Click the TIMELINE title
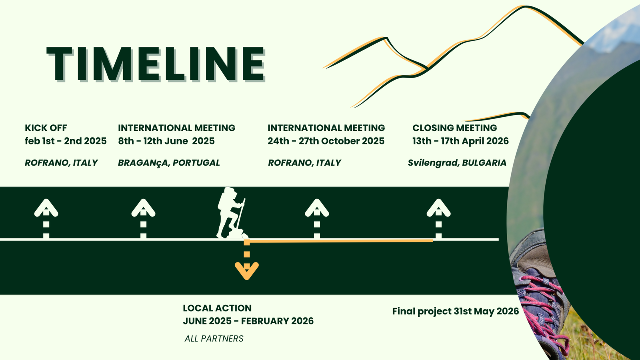(x=156, y=64)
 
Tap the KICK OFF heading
(x=46, y=128)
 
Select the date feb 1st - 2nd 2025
(x=66, y=141)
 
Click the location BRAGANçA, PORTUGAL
(x=169, y=163)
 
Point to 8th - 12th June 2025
(x=166, y=141)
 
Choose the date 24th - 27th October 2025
(x=326, y=141)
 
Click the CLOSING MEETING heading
(x=454, y=128)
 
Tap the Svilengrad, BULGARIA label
(x=457, y=163)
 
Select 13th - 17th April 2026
(x=460, y=141)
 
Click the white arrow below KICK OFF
(x=46, y=218)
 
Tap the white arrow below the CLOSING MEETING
(x=438, y=218)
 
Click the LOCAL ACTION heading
(x=217, y=308)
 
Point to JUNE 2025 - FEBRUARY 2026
(x=248, y=321)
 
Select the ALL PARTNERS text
(x=214, y=338)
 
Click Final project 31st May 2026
(x=456, y=311)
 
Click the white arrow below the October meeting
(x=317, y=218)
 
